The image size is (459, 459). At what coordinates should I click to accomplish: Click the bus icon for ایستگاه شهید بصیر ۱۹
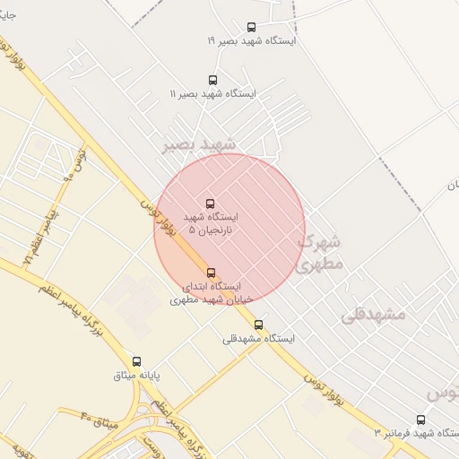251,27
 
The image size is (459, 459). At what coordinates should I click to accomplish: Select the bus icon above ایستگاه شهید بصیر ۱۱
212,80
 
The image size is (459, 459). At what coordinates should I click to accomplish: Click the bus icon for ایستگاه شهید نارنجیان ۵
211,204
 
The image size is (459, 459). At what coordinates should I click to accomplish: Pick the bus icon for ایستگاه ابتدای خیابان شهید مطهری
212,273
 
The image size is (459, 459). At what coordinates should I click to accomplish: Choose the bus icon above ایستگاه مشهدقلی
259,325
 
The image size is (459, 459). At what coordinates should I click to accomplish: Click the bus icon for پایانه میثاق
136,361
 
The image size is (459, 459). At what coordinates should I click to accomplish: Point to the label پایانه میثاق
136,375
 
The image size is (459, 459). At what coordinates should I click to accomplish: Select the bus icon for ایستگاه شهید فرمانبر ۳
421,420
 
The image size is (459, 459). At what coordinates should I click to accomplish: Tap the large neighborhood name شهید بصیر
198,144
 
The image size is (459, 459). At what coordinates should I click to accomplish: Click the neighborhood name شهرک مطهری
320,253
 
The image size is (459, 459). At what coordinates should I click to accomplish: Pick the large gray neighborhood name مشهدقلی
373,314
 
